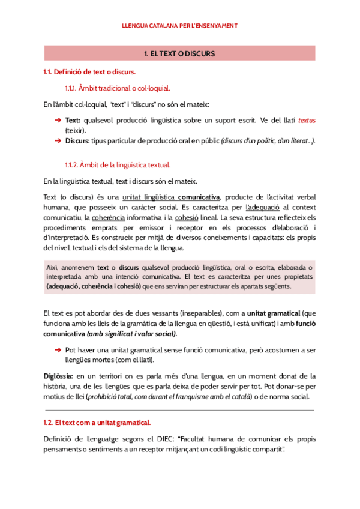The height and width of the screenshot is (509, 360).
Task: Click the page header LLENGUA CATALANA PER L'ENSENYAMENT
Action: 180,26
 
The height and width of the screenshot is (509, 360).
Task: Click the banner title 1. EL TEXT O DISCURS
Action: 180,54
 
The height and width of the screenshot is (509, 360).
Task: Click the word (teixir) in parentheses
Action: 76,130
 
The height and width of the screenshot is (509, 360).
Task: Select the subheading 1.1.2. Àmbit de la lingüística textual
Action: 118,165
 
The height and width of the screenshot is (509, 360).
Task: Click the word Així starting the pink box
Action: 52,267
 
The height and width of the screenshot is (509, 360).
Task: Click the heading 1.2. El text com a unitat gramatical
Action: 97,423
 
